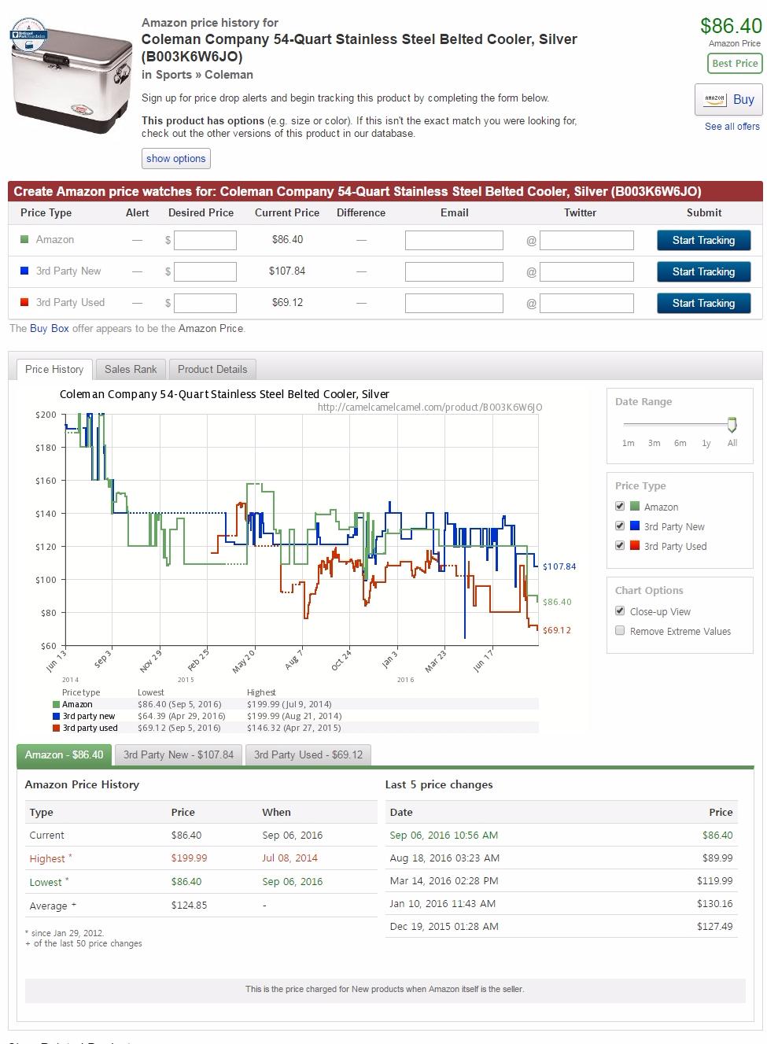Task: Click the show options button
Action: pos(175,158)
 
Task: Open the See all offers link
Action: pos(732,127)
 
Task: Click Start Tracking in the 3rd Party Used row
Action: pos(703,303)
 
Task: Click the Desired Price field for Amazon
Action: pos(205,240)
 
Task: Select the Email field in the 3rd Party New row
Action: pos(454,271)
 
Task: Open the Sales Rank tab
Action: pos(131,369)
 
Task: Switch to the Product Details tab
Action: pos(212,369)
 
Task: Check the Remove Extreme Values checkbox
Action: pos(620,631)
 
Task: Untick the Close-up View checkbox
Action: pos(620,611)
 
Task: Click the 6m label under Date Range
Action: pos(680,443)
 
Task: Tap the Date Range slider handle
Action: pos(732,425)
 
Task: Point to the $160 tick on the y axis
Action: pos(46,481)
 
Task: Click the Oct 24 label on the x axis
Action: pos(341,660)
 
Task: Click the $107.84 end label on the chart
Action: pos(559,566)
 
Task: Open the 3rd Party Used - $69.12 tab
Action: pos(308,754)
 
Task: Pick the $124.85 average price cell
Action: pos(189,905)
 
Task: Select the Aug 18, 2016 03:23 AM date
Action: pos(444,858)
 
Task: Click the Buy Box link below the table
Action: pos(49,328)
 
